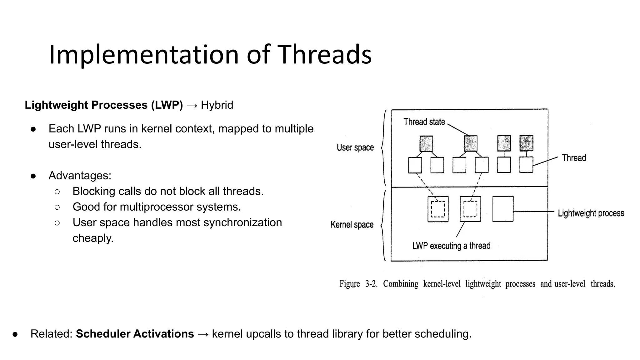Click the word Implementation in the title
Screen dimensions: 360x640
pyautogui.click(x=144, y=55)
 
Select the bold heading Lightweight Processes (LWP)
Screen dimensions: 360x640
pyautogui.click(x=103, y=105)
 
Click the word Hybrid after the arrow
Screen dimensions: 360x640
pyautogui.click(x=217, y=105)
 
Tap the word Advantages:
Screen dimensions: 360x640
pyautogui.click(x=80, y=176)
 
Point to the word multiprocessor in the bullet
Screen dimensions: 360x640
pyautogui.click(x=151, y=207)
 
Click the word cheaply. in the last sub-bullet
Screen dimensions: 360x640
pyautogui.click(x=93, y=238)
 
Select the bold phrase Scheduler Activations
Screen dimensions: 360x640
pyautogui.click(x=135, y=334)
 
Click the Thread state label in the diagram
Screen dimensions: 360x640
pyautogui.click(x=424, y=122)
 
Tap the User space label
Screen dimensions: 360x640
pyautogui.click(x=355, y=147)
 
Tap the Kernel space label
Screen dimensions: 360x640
pyautogui.click(x=352, y=225)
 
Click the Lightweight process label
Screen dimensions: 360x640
pyautogui.click(x=591, y=213)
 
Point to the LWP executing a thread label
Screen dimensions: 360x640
pyautogui.click(x=451, y=246)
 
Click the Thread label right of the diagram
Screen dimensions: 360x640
pyautogui.click(x=574, y=158)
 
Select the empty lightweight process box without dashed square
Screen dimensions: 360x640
pyautogui.click(x=502, y=209)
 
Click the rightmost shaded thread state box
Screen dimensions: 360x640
pyautogui.click(x=526, y=143)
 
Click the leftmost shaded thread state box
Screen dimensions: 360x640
pyautogui.click(x=426, y=143)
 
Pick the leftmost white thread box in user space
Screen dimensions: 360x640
pyautogui.click(x=415, y=165)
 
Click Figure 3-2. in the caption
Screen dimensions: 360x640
pyautogui.click(x=358, y=284)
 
